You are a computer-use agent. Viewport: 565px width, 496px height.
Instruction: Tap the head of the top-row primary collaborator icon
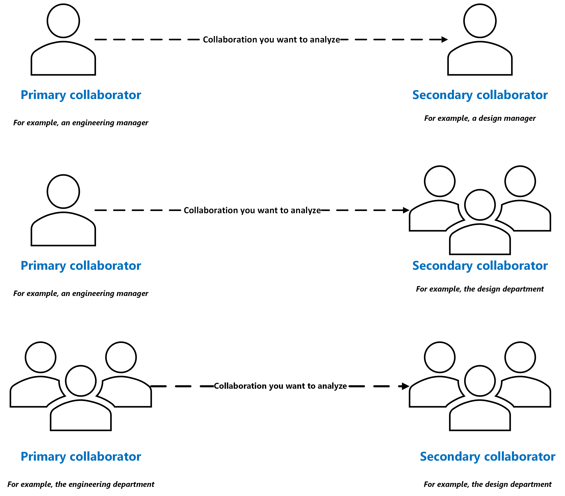(63, 21)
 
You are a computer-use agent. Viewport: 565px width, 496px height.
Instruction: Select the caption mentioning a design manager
(480, 118)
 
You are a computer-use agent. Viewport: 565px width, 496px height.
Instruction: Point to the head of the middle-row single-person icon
(63, 191)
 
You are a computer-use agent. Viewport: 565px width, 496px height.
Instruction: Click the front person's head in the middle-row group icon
(480, 205)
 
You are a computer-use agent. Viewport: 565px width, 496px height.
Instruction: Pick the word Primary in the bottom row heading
(43, 456)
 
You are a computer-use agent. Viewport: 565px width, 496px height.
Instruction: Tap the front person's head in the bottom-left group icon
(81, 381)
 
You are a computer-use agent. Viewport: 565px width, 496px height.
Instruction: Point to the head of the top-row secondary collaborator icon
(480, 21)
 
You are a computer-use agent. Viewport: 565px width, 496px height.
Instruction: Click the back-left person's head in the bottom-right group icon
(440, 357)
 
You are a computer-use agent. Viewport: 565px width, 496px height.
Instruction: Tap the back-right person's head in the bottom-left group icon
(121, 357)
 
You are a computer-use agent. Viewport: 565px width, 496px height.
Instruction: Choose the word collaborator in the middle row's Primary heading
(105, 266)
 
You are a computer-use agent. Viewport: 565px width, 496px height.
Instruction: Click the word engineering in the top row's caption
(90, 123)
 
